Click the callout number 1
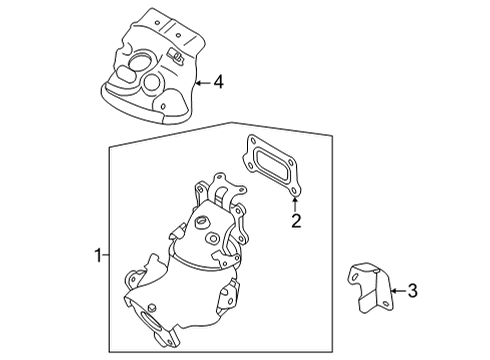[97, 256]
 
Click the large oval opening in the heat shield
[130, 76]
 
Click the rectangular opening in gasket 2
[267, 165]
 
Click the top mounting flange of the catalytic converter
[227, 190]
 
